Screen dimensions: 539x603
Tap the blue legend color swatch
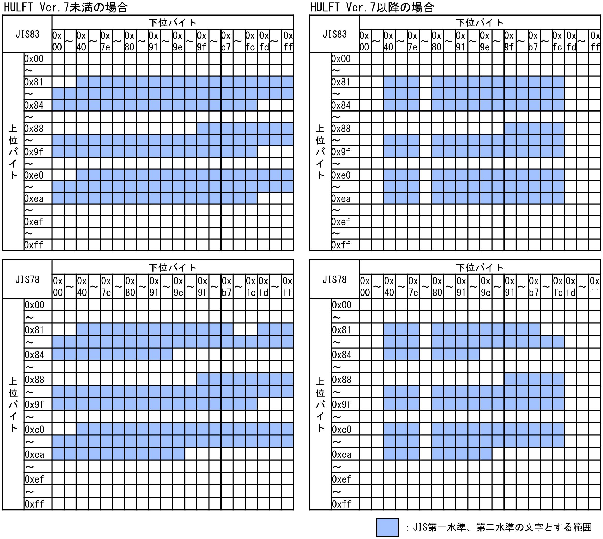point(387,527)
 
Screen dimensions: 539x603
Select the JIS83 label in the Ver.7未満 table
point(27,34)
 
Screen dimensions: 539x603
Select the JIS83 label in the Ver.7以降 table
point(334,34)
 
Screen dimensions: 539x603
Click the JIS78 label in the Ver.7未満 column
point(27,279)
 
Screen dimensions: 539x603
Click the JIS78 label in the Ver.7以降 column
point(334,279)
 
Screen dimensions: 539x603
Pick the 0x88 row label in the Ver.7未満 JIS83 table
point(34,129)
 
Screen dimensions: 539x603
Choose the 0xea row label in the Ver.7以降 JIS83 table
point(341,198)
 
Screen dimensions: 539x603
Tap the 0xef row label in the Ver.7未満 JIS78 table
point(34,479)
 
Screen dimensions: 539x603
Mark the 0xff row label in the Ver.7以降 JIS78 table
point(341,504)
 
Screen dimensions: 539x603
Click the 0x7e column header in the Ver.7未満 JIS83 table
point(106,41)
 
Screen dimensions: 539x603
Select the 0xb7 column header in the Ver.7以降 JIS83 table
point(533,41)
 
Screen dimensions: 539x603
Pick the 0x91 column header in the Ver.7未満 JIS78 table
point(154,286)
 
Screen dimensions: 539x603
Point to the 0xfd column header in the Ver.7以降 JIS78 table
point(571,286)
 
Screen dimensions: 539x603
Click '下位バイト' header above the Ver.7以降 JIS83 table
point(480,23)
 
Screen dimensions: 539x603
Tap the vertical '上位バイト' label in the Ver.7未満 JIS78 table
point(13,404)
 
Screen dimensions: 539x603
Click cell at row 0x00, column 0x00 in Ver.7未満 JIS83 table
point(58,59)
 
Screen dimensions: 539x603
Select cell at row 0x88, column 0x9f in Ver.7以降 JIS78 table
point(510,379)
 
